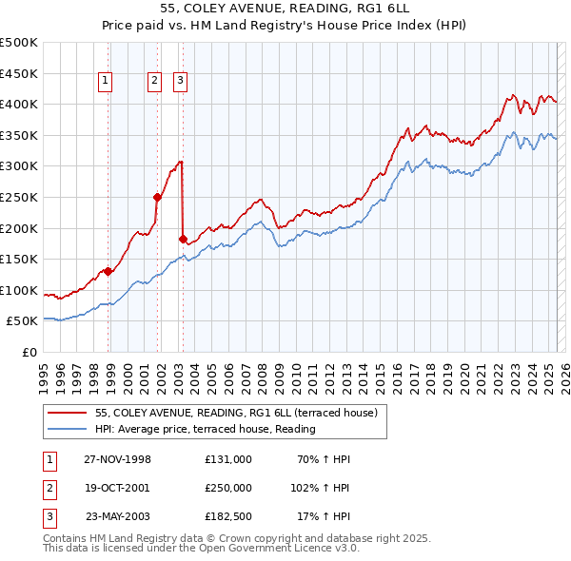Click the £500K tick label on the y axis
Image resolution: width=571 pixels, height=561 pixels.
click(x=19, y=43)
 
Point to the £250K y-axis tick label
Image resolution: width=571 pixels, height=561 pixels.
click(x=19, y=197)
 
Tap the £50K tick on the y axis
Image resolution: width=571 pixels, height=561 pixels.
click(x=23, y=321)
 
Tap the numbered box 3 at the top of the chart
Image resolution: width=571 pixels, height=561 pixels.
click(x=180, y=82)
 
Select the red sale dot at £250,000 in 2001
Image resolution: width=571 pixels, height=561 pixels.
click(x=158, y=197)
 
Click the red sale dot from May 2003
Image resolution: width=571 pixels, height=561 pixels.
click(x=183, y=239)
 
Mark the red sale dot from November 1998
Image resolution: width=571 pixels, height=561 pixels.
click(x=108, y=271)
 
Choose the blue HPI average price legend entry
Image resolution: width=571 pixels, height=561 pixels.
click(x=205, y=430)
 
